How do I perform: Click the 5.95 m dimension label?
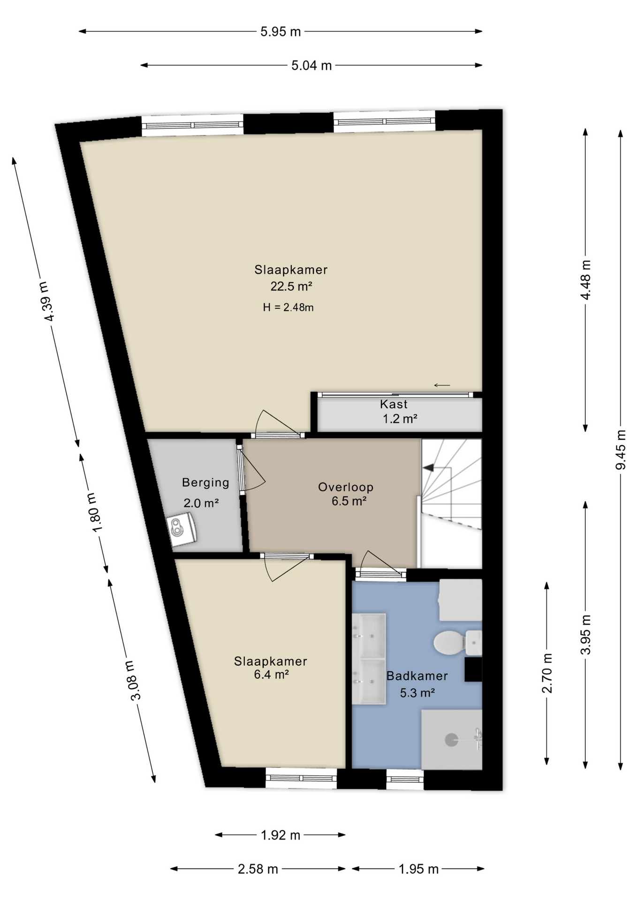point(280,32)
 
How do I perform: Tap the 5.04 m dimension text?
point(311,66)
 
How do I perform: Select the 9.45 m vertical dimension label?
point(621,449)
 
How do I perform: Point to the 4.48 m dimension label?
point(585,280)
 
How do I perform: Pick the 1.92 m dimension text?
point(280,835)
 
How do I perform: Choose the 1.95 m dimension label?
point(418,869)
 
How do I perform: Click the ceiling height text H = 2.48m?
point(288,307)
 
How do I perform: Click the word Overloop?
point(346,487)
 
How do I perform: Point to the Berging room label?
point(205,482)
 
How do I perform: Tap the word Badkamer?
point(417,676)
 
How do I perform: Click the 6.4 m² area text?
point(271,675)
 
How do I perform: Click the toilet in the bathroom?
point(450,642)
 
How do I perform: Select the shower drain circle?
point(451,740)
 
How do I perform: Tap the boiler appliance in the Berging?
point(182,529)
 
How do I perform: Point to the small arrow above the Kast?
point(442,385)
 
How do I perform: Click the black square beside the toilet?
point(473,669)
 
